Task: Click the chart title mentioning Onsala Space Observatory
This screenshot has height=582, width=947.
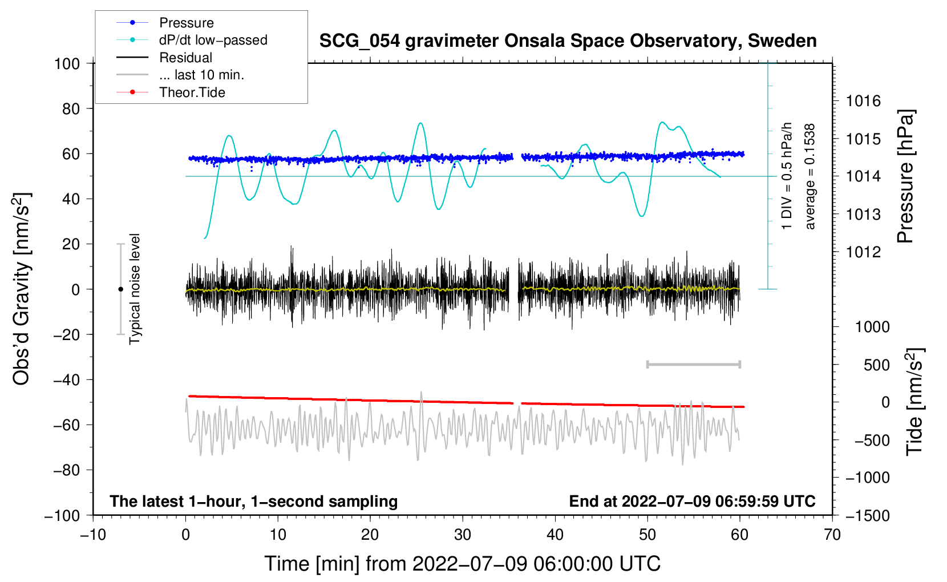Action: (568, 41)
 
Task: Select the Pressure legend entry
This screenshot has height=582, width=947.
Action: (186, 23)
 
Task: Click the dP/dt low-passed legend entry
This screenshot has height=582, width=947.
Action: (213, 40)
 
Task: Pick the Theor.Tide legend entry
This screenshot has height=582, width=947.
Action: (192, 92)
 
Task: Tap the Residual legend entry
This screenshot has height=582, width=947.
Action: (185, 58)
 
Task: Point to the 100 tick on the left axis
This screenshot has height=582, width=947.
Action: (67, 63)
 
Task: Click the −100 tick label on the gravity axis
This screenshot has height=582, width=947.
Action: (62, 515)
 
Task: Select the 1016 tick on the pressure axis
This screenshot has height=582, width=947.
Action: (863, 102)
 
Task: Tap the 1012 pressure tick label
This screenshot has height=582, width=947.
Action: (863, 252)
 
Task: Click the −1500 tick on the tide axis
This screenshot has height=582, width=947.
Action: (867, 515)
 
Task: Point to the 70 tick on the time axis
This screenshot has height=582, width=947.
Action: (832, 535)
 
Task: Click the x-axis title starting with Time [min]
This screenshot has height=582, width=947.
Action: (463, 564)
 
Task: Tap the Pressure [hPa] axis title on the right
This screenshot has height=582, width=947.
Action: (905, 177)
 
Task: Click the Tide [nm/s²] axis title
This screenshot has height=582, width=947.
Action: (914, 401)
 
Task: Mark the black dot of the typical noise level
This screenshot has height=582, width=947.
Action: (120, 289)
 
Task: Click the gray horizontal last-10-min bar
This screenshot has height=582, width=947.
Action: (693, 364)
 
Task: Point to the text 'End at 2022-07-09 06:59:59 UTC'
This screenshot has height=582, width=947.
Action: (692, 501)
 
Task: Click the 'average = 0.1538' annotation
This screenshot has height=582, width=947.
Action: (810, 177)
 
